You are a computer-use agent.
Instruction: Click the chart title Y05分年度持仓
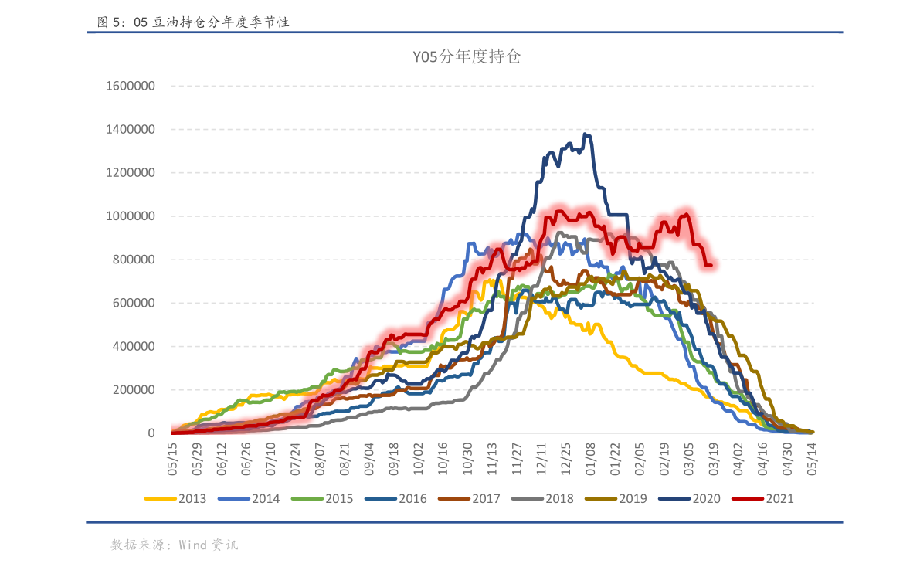click(466, 57)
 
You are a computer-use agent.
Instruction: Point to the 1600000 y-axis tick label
click(131, 86)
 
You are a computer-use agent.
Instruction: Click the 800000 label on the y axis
click(134, 260)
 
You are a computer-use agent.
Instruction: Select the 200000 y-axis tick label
click(134, 389)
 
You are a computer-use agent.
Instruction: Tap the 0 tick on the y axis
click(151, 433)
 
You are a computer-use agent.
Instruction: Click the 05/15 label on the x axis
click(173, 459)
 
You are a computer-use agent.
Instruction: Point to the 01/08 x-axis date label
click(591, 459)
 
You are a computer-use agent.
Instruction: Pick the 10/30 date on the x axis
click(467, 459)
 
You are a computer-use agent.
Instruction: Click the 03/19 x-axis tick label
click(713, 459)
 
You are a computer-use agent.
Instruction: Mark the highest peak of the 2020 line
click(586, 134)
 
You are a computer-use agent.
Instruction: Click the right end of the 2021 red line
click(711, 266)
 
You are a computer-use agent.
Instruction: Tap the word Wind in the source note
click(192, 545)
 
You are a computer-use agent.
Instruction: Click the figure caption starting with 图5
click(193, 22)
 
